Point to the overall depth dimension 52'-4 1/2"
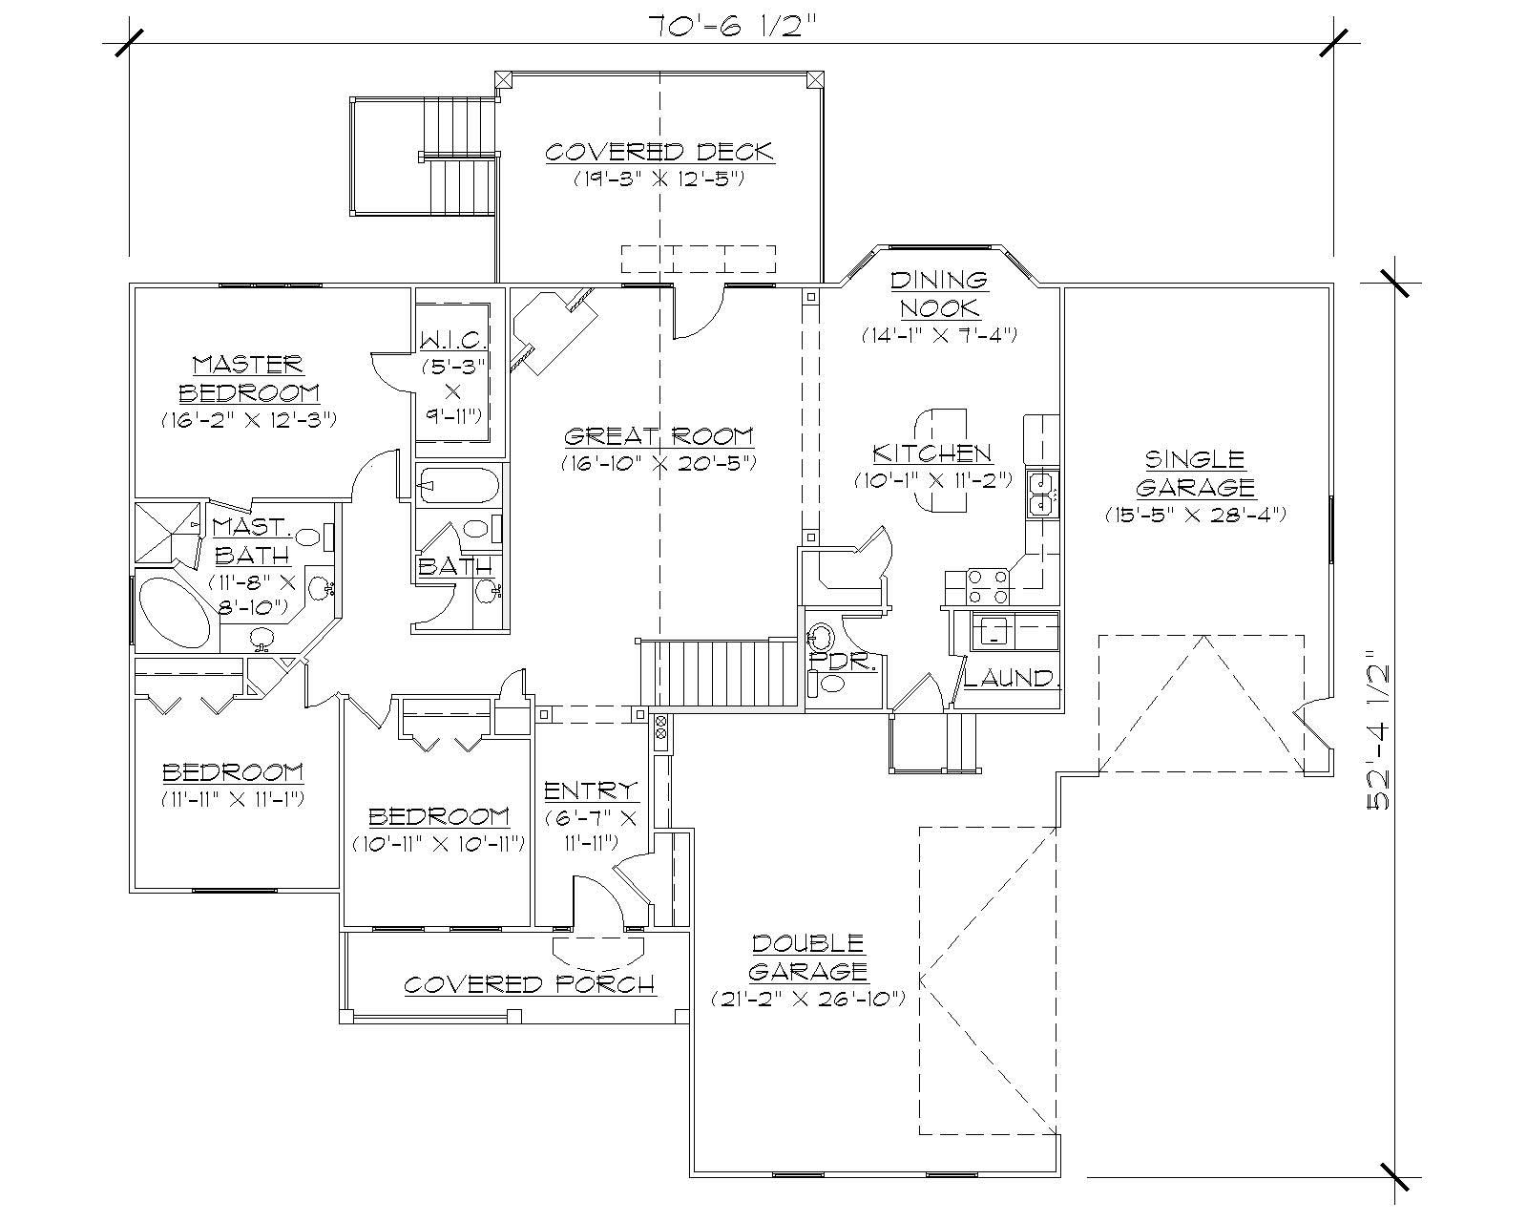pos(1379,730)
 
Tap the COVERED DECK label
pos(659,152)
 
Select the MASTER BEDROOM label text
pos(248,378)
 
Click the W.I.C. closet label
pos(454,339)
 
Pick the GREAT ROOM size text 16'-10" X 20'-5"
pos(659,463)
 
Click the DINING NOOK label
pos(939,293)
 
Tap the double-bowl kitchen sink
pos(1040,492)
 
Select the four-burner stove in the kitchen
pos(989,586)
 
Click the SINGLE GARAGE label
pos(1195,473)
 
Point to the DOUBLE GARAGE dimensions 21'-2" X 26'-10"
pos(807,999)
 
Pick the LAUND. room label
pos(1011,678)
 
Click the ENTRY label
pos(590,790)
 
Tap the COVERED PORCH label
pos(529,984)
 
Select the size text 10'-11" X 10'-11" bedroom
pos(438,844)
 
